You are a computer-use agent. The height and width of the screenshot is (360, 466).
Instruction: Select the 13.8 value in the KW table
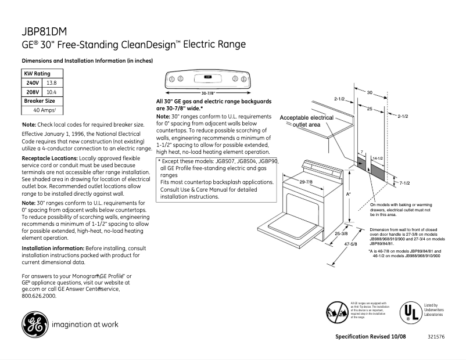(51, 83)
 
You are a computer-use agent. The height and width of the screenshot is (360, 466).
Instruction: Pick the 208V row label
(33, 92)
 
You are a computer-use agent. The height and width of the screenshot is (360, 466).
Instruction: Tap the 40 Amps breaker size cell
(44, 110)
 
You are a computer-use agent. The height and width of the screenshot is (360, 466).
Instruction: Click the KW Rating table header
(37, 74)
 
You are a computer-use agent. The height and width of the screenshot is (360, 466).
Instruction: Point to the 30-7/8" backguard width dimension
(208, 93)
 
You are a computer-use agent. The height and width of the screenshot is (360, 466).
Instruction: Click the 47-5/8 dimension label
(350, 244)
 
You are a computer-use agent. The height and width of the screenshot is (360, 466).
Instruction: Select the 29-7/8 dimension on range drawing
(306, 182)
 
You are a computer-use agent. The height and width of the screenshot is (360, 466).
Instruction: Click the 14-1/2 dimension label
(377, 158)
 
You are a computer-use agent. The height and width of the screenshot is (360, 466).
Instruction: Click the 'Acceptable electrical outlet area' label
(306, 121)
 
